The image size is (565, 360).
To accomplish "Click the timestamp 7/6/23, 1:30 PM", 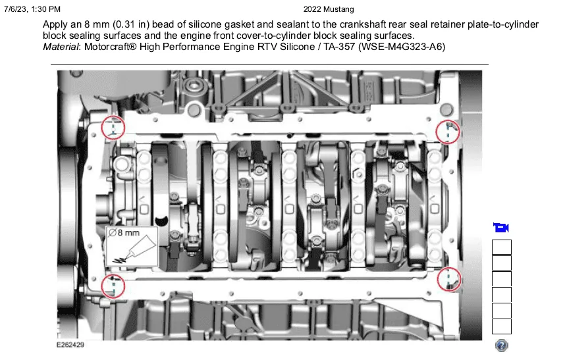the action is (x=32, y=9).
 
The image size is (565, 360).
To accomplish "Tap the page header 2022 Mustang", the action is (x=329, y=9).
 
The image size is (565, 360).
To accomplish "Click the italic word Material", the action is (x=61, y=47).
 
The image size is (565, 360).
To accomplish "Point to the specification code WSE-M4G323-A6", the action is (x=402, y=47).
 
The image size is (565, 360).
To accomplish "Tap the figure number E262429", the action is (x=70, y=345).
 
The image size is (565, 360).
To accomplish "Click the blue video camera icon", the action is (x=501, y=228).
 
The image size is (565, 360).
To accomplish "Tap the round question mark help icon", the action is (x=502, y=346).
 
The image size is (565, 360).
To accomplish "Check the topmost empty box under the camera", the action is (x=502, y=247).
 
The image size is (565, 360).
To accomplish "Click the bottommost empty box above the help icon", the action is (x=502, y=326).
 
